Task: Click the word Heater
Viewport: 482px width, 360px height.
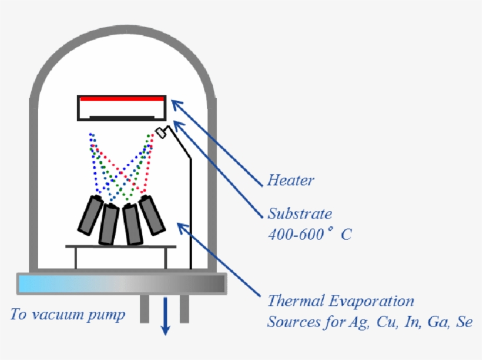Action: (x=290, y=180)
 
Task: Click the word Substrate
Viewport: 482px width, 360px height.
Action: (x=300, y=214)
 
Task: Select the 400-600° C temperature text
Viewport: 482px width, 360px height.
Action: (x=310, y=234)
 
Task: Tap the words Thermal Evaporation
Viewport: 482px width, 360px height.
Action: (x=341, y=302)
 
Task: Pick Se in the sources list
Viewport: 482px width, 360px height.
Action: (x=464, y=322)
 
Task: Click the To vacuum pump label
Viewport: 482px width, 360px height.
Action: (x=68, y=315)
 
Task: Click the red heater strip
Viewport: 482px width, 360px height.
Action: (x=121, y=99)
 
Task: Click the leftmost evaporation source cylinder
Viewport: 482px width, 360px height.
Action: (x=90, y=215)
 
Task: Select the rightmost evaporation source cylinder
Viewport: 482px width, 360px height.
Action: (x=152, y=214)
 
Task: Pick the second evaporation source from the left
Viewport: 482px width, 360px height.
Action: (x=109, y=224)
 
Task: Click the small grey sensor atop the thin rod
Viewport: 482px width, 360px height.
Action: (x=160, y=132)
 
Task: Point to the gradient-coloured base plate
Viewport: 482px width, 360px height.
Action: (x=121, y=284)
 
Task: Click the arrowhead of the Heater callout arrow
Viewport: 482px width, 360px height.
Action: (x=174, y=103)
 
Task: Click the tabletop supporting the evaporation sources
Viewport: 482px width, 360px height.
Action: (x=121, y=247)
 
